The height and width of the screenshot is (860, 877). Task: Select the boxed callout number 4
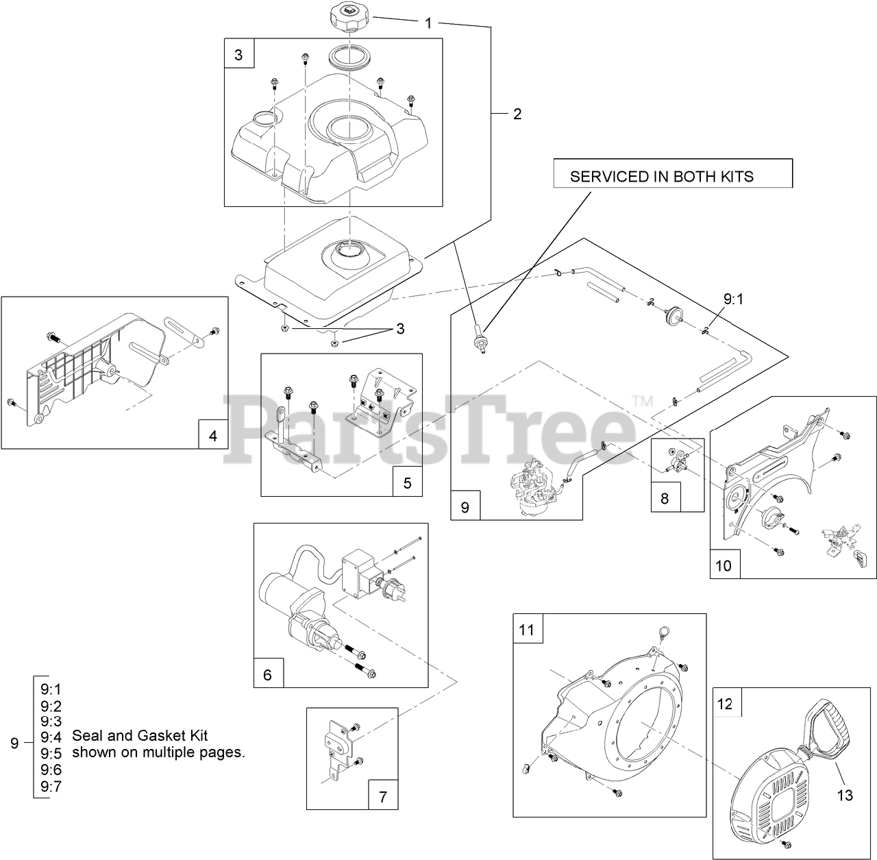(x=213, y=435)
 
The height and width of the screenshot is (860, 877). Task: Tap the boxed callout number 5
(x=408, y=482)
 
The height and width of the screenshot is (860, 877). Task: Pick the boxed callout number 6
(x=268, y=674)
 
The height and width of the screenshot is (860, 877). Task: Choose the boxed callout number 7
(x=383, y=797)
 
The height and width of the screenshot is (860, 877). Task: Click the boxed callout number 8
(x=665, y=498)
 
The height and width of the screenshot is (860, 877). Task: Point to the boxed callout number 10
(x=724, y=565)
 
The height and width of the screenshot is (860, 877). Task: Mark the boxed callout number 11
(x=526, y=629)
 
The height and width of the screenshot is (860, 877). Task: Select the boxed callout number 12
(x=725, y=704)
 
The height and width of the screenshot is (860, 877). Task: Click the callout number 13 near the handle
(x=845, y=795)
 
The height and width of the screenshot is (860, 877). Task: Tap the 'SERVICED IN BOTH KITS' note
(x=662, y=176)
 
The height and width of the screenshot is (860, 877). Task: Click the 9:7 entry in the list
(x=51, y=787)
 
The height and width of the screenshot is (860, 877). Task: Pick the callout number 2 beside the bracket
(x=517, y=114)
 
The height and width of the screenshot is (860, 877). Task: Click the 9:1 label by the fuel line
(x=733, y=299)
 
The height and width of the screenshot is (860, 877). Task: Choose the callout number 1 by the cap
(x=428, y=23)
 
